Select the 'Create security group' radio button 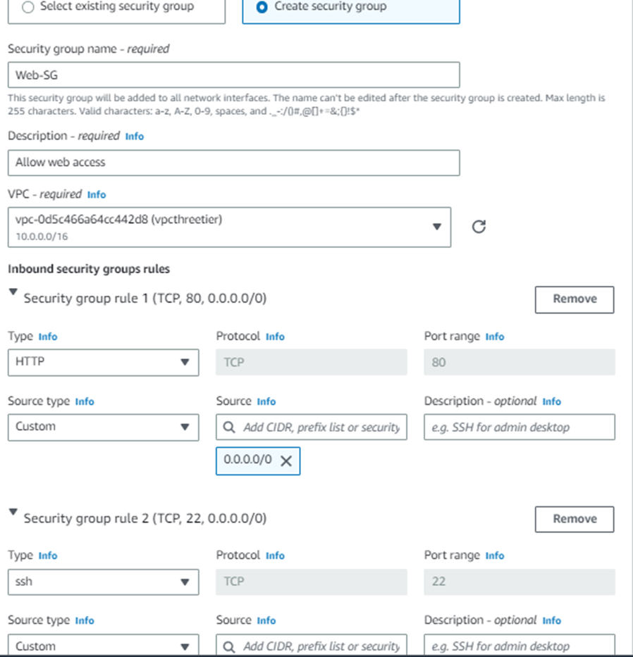point(262,7)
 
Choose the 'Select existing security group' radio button point(28,7)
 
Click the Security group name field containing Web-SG point(233,75)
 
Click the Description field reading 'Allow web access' point(233,162)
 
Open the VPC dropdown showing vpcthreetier point(229,227)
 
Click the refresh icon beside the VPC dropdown point(479,227)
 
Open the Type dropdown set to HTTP point(103,362)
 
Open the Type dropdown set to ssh point(103,582)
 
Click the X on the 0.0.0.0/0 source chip point(286,461)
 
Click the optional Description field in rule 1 point(519,427)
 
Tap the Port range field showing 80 point(519,362)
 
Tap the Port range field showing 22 point(519,582)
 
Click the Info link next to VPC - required point(97,194)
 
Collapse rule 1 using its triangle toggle point(13,292)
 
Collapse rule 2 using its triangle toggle point(13,513)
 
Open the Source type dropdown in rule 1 point(103,427)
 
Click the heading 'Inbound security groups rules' point(88,269)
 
